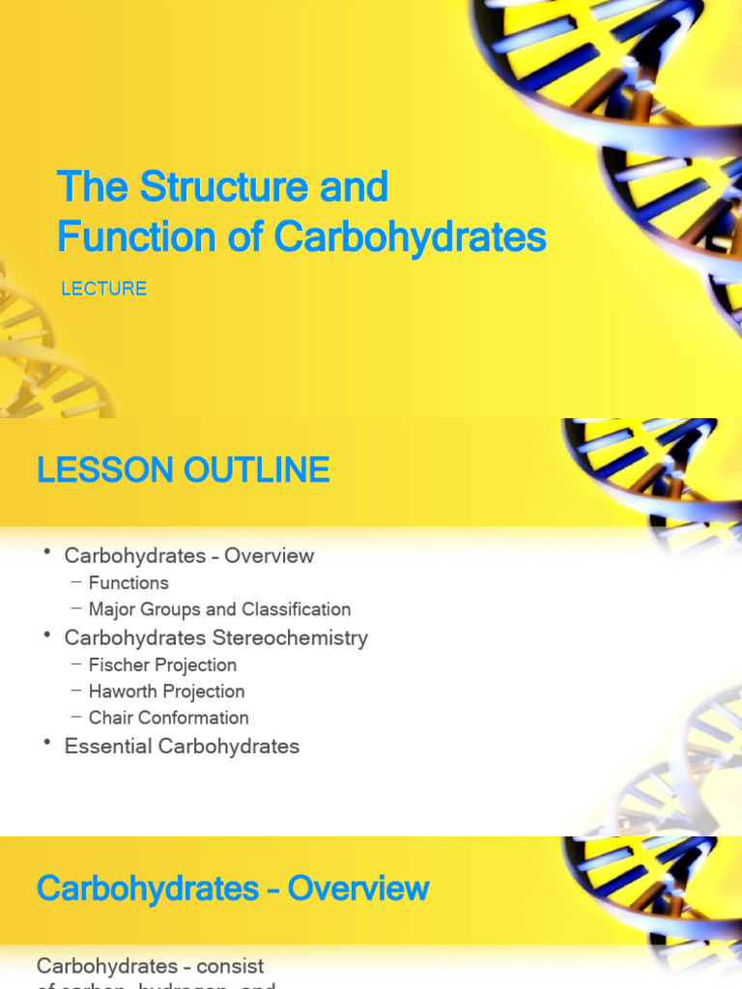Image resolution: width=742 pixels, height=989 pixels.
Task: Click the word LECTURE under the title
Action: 103,289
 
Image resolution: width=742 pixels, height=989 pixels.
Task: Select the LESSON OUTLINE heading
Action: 183,471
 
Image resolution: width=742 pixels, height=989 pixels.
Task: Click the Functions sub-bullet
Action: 128,583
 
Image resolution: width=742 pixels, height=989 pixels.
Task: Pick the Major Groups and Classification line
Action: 219,609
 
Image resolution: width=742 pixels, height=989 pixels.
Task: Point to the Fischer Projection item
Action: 162,665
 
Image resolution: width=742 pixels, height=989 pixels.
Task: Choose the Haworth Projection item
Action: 166,692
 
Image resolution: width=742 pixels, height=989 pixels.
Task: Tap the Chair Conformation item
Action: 168,718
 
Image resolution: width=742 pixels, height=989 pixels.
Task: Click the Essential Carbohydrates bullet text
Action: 182,747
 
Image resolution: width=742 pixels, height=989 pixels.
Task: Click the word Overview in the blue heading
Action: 358,889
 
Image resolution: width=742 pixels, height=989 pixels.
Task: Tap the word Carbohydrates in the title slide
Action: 411,237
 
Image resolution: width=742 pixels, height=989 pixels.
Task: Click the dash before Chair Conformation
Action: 76,718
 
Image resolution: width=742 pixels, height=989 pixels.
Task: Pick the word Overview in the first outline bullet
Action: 270,556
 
